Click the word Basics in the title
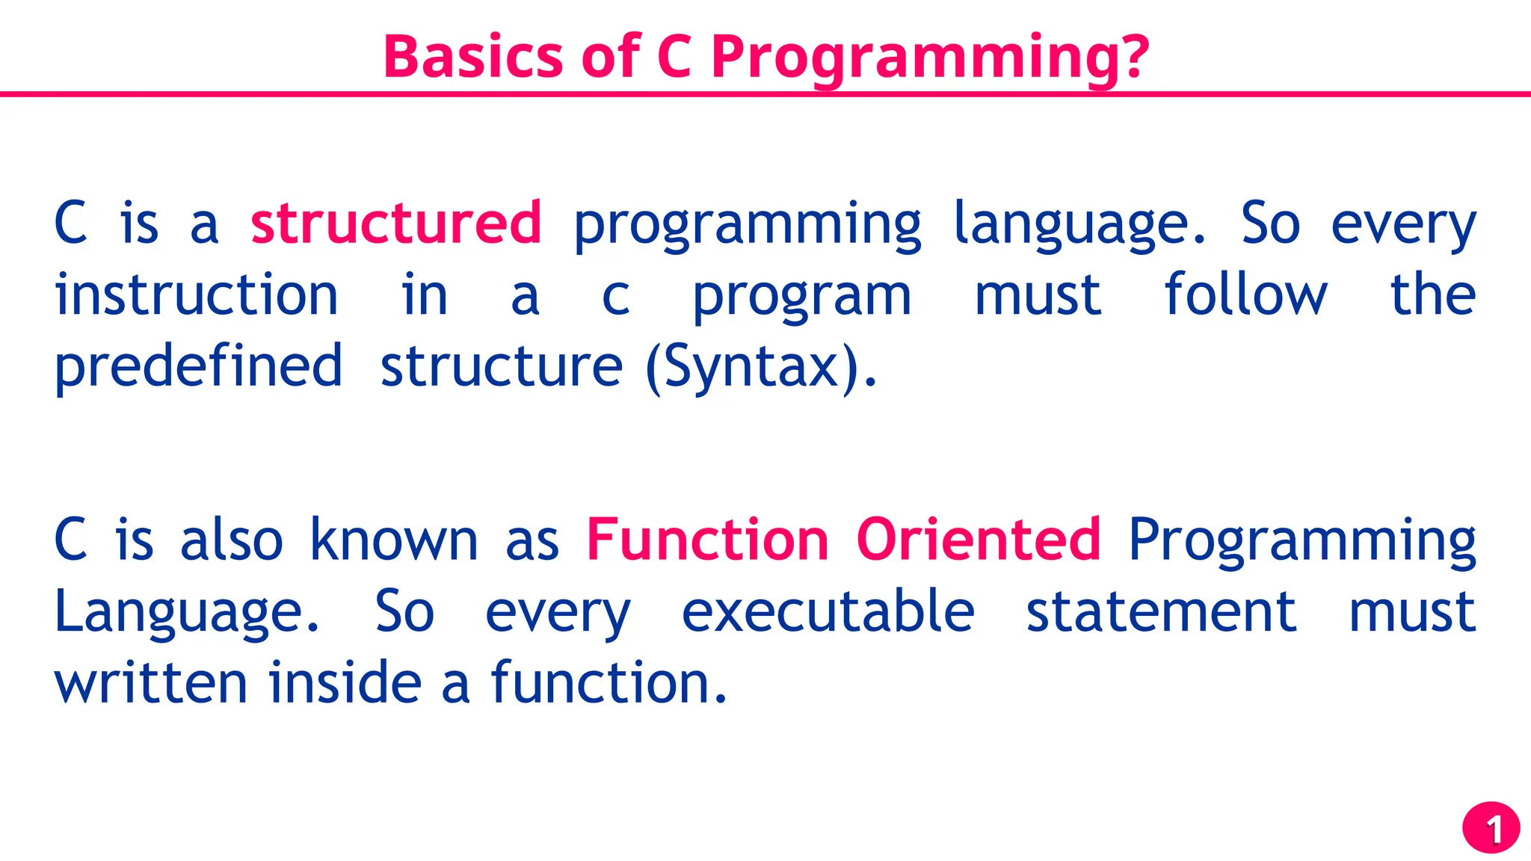(472, 57)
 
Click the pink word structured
(395, 223)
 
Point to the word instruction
(197, 294)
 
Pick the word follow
(1245, 294)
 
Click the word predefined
(198, 366)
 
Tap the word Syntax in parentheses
(751, 366)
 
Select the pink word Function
(707, 540)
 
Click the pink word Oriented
(978, 540)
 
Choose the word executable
(828, 611)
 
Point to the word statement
(1160, 611)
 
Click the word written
(150, 683)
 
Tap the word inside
(345, 683)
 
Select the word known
(393, 540)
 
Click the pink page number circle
(1491, 828)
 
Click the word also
(232, 540)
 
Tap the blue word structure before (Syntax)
(501, 366)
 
